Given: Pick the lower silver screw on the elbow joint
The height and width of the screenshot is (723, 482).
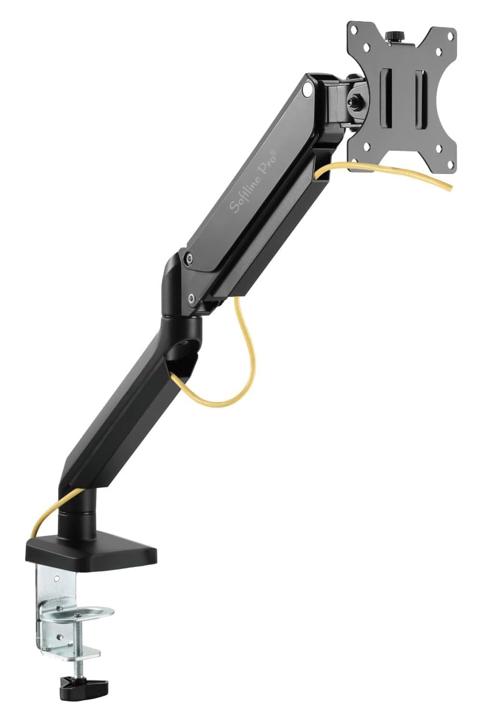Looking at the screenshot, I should [x=192, y=299].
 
